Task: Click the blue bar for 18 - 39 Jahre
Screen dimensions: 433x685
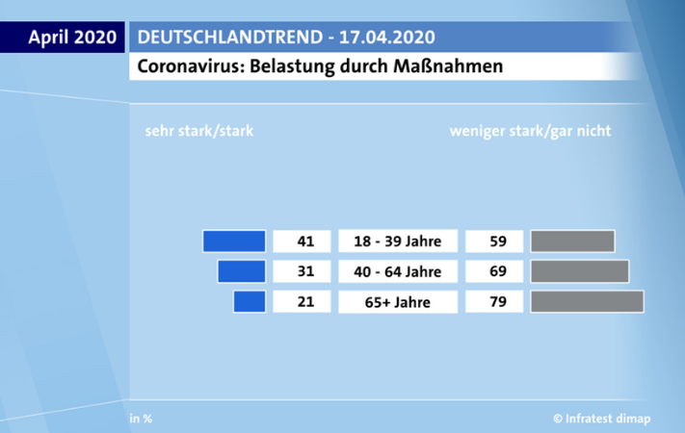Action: [x=234, y=242]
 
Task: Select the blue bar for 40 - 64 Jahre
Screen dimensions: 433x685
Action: [x=242, y=271]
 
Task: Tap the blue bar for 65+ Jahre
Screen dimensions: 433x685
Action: [x=250, y=301]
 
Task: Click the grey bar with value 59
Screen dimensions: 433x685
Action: [x=572, y=242]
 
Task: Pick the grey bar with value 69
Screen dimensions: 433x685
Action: [x=579, y=271]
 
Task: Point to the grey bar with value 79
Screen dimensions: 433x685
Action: [x=587, y=301]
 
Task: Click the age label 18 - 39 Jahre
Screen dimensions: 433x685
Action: [x=398, y=242]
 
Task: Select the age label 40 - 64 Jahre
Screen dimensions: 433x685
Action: [x=398, y=271]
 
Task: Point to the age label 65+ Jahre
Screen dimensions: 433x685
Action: [x=398, y=302]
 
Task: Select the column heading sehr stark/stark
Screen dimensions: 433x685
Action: [x=198, y=131]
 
